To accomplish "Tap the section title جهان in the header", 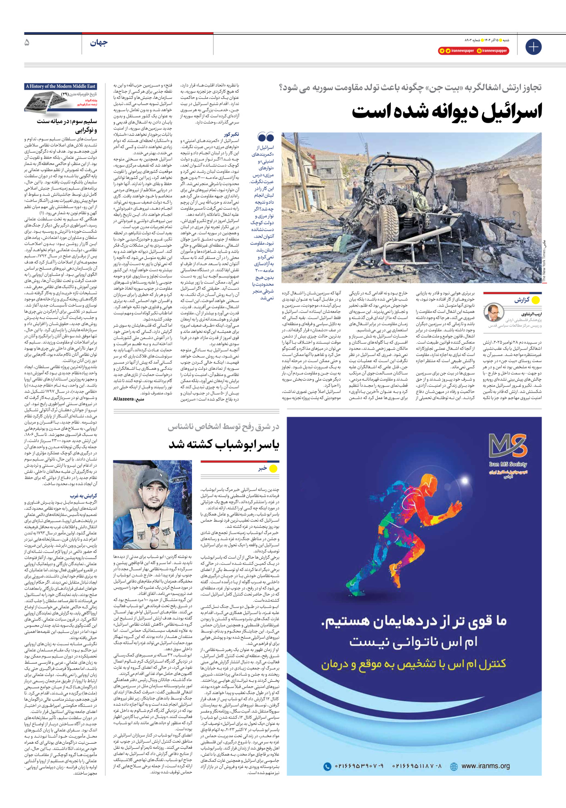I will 99,43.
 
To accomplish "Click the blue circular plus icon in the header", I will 533,47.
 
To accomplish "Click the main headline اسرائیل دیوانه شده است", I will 447,111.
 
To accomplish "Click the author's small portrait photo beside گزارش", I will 494,313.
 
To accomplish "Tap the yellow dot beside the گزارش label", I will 536,300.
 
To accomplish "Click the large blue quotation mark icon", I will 266,137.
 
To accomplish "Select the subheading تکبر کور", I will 231,134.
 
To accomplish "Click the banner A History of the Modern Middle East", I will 61,86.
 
